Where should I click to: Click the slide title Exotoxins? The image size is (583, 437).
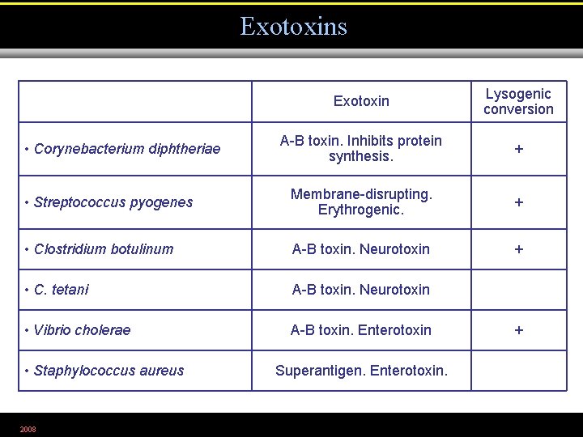pyautogui.click(x=293, y=27)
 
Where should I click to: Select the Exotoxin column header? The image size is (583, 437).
pyautogui.click(x=361, y=101)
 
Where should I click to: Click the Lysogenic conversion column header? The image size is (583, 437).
pyautogui.click(x=518, y=101)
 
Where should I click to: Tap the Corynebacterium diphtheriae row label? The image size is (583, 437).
pyautogui.click(x=127, y=149)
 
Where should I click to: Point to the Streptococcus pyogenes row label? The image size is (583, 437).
pyautogui.click(x=113, y=202)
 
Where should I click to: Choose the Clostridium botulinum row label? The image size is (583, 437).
pyautogui.click(x=104, y=248)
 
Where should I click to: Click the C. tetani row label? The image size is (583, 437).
pyautogui.click(x=62, y=289)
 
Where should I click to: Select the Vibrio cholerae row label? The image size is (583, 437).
pyautogui.click(x=82, y=329)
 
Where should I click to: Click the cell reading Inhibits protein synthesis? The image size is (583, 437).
pyautogui.click(x=361, y=148)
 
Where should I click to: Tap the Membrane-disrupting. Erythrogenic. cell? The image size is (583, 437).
pyautogui.click(x=361, y=202)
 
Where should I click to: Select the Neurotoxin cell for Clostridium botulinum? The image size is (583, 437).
pyautogui.click(x=361, y=248)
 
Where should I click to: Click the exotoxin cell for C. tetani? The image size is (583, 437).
pyautogui.click(x=361, y=289)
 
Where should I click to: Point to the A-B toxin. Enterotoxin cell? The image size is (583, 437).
pyautogui.click(x=361, y=329)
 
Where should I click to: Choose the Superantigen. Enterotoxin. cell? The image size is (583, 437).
pyautogui.click(x=361, y=371)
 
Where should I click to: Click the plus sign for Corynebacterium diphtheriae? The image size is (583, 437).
pyautogui.click(x=519, y=149)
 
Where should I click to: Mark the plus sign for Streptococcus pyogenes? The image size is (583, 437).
pyautogui.click(x=519, y=202)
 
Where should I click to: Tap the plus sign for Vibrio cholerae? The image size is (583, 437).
pyautogui.click(x=519, y=329)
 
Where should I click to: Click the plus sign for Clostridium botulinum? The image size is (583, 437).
pyautogui.click(x=519, y=248)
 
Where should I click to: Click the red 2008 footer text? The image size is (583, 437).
pyautogui.click(x=28, y=429)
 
